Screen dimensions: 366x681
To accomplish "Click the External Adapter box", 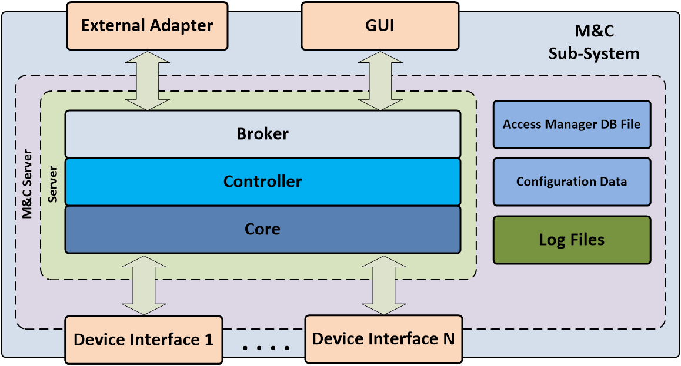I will coord(146,26).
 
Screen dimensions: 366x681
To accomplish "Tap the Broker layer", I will coord(262,134).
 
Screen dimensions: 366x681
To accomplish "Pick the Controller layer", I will coord(262,182).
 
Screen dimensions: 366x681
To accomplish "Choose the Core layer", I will coord(262,229).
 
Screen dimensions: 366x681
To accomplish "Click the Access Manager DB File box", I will coord(572,125).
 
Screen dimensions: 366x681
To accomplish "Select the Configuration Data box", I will coord(572,182).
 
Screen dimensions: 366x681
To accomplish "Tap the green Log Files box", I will coord(572,240).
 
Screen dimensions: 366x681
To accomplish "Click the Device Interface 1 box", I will coord(143,340).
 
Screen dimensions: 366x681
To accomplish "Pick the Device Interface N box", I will coord(383,339).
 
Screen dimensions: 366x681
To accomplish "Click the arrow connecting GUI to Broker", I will coord(382,80).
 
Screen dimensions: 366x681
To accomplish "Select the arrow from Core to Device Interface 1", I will coord(144,285).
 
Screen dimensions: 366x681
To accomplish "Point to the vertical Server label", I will coord(53,184).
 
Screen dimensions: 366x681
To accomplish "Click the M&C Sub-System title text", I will coord(593,43).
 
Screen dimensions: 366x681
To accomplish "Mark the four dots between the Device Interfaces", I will coord(266,348).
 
